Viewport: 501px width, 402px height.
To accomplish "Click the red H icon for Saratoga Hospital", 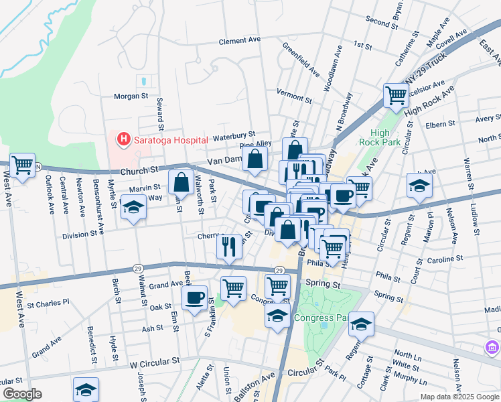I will [123, 139].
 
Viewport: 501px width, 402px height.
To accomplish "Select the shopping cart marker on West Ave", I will [22, 165].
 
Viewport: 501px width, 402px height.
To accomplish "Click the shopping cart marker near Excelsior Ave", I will [396, 96].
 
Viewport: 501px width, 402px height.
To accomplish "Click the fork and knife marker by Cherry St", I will [230, 246].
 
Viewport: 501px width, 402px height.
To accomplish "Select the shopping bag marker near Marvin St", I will [182, 182].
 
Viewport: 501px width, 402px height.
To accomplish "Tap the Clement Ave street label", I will [240, 41].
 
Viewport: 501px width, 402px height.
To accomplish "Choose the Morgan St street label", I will [130, 96].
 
